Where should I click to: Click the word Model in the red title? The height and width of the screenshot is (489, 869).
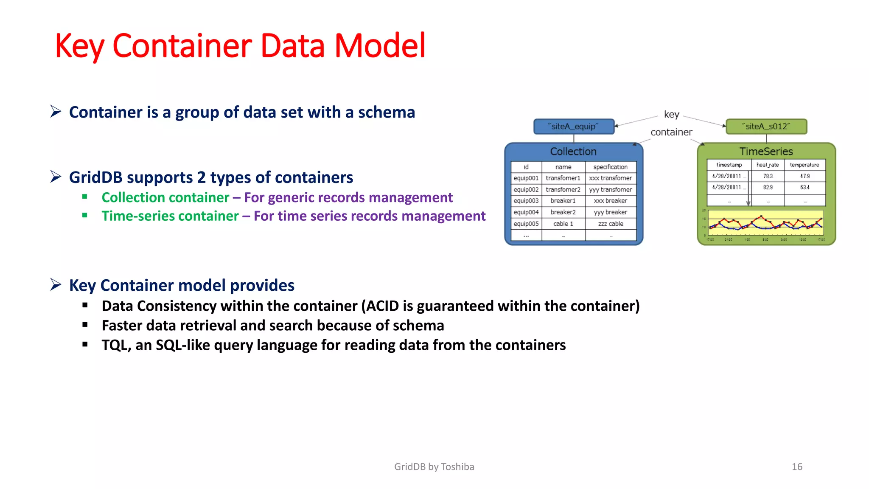coord(380,46)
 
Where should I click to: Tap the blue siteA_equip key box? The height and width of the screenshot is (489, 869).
coord(573,126)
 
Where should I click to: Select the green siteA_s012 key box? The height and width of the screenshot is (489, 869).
coord(766,126)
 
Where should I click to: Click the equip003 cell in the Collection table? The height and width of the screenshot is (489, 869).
coord(526,201)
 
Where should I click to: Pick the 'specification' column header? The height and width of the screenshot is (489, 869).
coord(610,167)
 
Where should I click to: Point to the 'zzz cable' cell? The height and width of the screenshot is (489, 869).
coord(610,224)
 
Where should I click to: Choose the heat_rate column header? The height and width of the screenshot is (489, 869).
coord(767,165)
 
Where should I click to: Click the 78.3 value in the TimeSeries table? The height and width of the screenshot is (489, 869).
coord(768,176)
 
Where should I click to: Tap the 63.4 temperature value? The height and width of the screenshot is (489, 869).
coord(805,187)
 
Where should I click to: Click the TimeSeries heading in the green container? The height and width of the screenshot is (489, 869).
coord(766,152)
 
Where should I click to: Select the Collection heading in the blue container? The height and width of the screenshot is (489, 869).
coord(573,152)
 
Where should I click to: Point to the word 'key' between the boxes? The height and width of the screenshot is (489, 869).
coord(671,115)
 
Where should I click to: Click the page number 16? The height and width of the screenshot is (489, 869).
coord(797,467)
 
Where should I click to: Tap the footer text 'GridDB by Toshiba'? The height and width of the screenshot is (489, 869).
coord(434,467)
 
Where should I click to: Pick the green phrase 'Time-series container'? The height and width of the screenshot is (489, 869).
coord(170,216)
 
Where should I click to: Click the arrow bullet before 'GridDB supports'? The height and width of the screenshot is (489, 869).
coord(56,177)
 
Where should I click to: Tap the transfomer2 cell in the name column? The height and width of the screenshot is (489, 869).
coord(563,190)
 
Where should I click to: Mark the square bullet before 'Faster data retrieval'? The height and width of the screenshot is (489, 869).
coord(85,325)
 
